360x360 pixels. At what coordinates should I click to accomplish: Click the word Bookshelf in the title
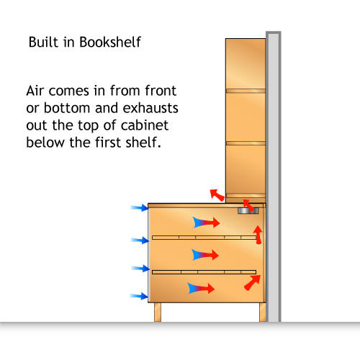coord(110,42)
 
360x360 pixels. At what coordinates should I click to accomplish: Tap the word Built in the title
coord(43,42)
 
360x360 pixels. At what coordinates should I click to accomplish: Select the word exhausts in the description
coord(150,108)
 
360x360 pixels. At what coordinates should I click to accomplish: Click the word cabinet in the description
coord(145,125)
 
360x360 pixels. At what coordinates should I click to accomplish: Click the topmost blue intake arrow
coord(140,207)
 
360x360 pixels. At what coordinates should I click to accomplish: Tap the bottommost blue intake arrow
coord(139,296)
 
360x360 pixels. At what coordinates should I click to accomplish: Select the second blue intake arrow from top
coord(140,240)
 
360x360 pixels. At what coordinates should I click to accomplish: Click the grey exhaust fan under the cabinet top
coord(248,211)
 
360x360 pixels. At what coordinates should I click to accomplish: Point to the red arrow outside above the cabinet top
coord(217,195)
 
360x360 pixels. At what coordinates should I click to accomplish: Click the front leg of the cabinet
coord(158,312)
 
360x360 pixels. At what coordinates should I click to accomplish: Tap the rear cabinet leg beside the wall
coord(263,312)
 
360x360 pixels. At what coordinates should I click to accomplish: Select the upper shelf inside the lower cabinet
coord(204,238)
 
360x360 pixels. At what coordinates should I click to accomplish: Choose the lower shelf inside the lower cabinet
coord(204,272)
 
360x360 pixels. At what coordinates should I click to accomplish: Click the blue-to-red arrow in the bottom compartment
coord(201,288)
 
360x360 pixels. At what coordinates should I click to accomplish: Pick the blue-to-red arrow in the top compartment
coord(207,222)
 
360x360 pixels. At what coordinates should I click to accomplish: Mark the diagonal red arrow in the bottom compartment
coord(252,282)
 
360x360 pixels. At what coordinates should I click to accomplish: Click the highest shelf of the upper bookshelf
coord(246,91)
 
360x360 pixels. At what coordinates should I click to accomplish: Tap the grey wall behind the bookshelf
coord(274,176)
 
